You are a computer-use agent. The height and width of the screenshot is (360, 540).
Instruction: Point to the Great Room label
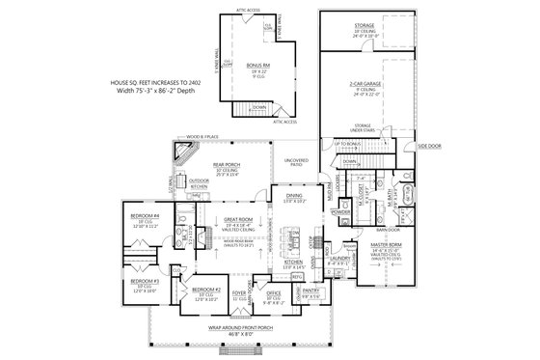coord(235,219)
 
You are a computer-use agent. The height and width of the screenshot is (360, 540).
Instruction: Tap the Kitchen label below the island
coord(293,262)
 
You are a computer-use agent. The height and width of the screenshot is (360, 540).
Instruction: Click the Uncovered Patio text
coord(293,160)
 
